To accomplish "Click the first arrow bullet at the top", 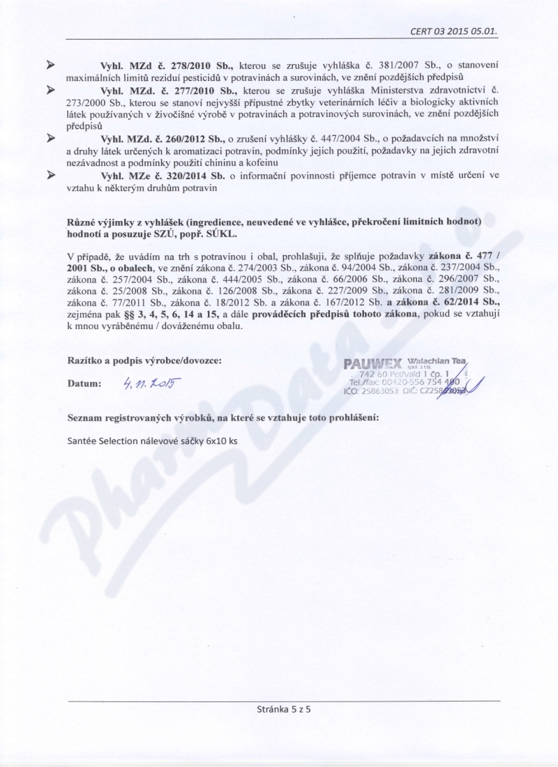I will (x=50, y=65).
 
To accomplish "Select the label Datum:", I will (x=84, y=383).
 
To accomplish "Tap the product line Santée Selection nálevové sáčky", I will (x=152, y=441).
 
